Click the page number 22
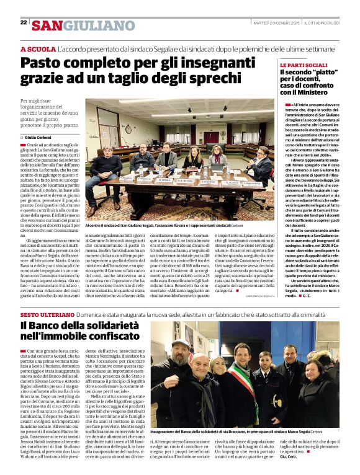pyautogui.click(x=24, y=22)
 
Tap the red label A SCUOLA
pyautogui.click(x=38, y=49)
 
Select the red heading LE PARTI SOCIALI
pyautogui.click(x=304, y=65)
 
